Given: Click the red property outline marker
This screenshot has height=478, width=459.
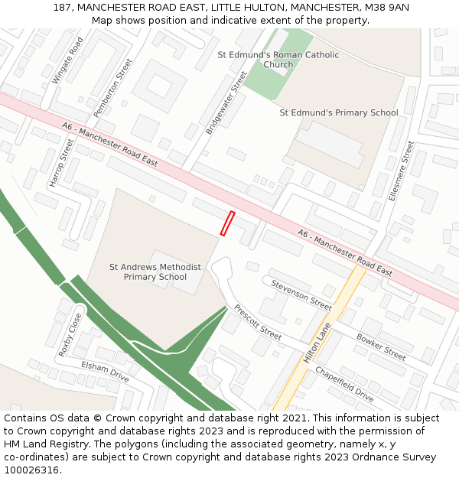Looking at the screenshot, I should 227,223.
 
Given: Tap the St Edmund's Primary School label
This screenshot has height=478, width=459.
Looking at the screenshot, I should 338,112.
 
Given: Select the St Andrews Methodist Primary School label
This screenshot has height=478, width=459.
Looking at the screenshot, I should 155,272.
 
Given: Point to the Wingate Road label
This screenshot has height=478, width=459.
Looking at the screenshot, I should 67,60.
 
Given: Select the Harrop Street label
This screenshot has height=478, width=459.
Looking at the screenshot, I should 62,161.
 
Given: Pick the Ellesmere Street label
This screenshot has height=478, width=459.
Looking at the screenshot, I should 401,171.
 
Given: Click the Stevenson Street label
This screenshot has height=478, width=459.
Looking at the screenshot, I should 301,294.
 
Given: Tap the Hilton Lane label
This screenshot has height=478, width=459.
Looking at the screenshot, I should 317,342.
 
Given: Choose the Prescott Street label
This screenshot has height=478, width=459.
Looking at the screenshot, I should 258,322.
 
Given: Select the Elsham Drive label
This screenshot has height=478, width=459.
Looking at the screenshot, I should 105,372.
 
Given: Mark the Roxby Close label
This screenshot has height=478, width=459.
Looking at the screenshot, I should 70,335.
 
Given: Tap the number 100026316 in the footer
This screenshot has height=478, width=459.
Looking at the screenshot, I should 31,470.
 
